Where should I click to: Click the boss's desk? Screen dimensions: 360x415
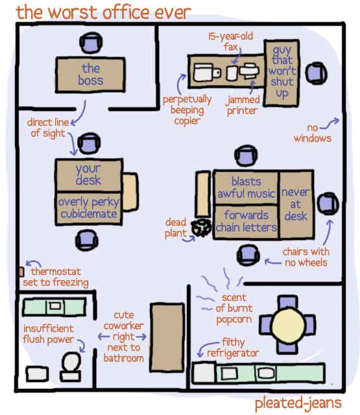[x=90, y=75]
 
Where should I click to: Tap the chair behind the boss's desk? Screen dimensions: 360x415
[x=91, y=43]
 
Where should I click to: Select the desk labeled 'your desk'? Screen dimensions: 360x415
[x=89, y=174]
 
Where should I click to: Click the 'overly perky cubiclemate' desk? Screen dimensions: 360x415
[x=89, y=208]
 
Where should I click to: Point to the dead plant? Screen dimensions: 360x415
[x=201, y=228]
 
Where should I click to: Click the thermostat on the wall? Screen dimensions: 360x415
[x=21, y=272]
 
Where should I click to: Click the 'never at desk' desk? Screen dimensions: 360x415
[x=296, y=205]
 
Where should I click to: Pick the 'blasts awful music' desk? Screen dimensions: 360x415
[x=246, y=187]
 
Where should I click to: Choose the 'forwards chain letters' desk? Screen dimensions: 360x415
[x=246, y=222]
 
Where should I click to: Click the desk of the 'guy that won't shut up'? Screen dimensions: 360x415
[x=282, y=73]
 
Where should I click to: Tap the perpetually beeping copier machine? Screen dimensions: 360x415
[x=206, y=72]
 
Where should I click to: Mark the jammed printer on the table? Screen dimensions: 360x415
[x=249, y=71]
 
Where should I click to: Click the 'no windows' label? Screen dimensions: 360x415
[x=313, y=133]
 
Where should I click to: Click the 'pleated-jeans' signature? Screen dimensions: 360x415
[x=298, y=403]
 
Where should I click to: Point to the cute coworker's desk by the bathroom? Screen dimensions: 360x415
[x=167, y=338]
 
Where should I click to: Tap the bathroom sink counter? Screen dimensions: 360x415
[x=54, y=307]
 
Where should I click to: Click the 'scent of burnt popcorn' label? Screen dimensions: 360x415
[x=234, y=309]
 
